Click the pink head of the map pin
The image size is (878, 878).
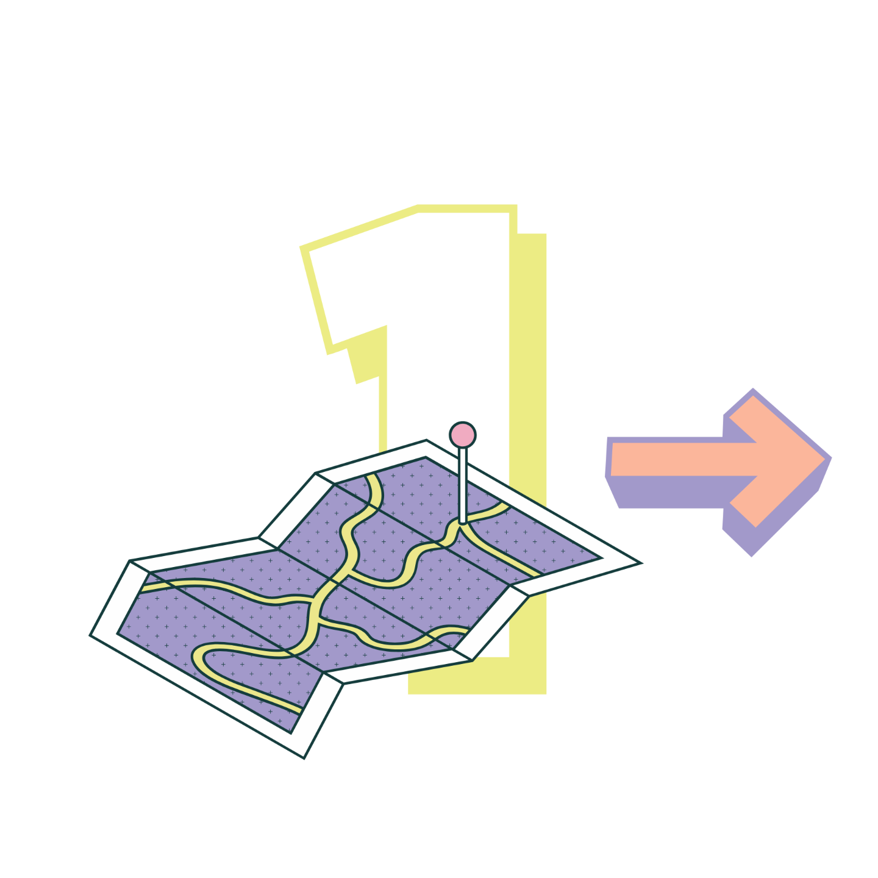[x=463, y=435]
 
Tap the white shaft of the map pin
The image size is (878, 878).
[x=463, y=485]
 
